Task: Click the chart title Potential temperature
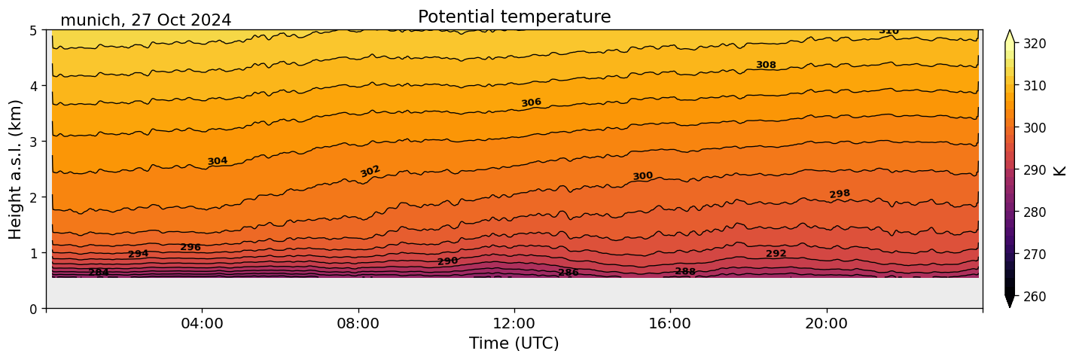pyautogui.click(x=514, y=17)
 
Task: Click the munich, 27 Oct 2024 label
pyautogui.click(x=145, y=20)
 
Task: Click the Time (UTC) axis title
pyautogui.click(x=514, y=343)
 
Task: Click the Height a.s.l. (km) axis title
pyautogui.click(x=16, y=169)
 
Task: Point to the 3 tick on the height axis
pyautogui.click(x=34, y=142)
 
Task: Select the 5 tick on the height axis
pyautogui.click(x=34, y=30)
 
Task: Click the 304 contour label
pyautogui.click(x=218, y=161)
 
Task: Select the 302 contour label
pyautogui.click(x=370, y=171)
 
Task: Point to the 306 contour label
pyautogui.click(x=531, y=102)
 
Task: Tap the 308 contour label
pyautogui.click(x=766, y=65)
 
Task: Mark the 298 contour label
pyautogui.click(x=840, y=194)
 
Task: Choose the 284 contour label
pyautogui.click(x=99, y=272)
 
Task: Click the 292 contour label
pyautogui.click(x=776, y=254)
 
